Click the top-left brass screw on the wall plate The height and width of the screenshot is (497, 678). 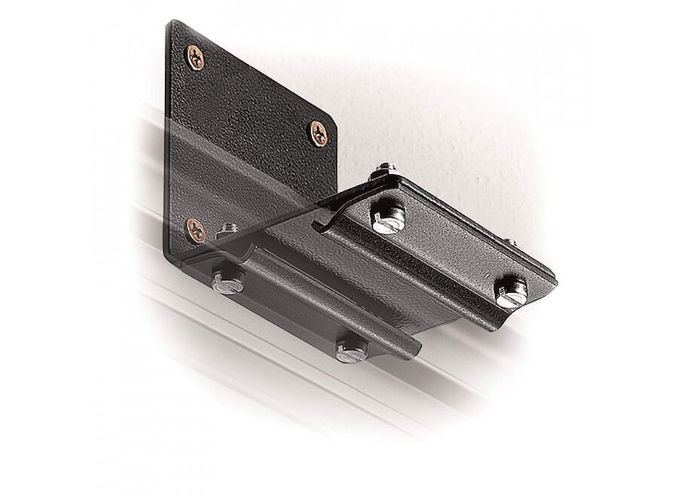(x=196, y=57)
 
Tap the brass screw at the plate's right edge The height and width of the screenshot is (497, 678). (x=319, y=134)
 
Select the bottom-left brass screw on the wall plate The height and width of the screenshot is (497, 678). (x=196, y=230)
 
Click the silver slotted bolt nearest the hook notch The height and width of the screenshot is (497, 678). (x=388, y=219)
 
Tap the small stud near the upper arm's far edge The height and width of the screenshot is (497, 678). (x=512, y=242)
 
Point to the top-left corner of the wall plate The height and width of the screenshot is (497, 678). (x=170, y=24)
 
